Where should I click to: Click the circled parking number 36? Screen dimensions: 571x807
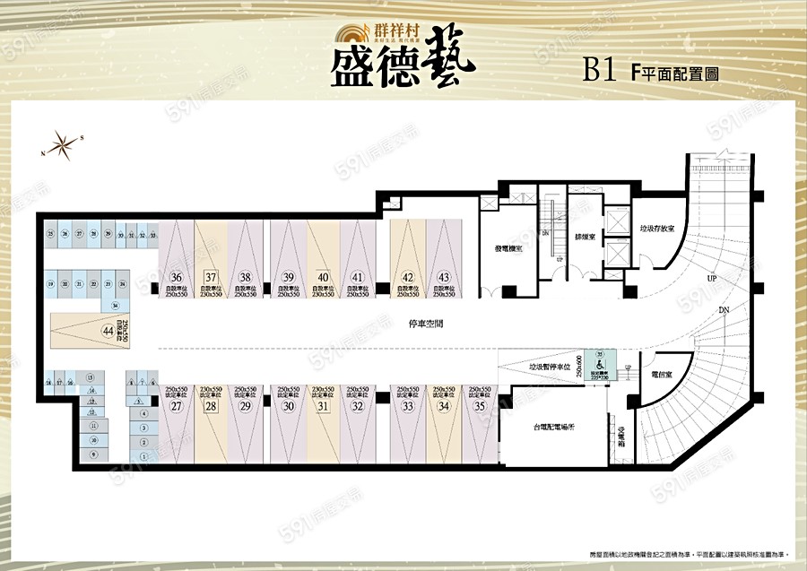[x=177, y=277]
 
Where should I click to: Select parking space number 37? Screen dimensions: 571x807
[x=211, y=277]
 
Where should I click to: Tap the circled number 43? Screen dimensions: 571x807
[x=443, y=277]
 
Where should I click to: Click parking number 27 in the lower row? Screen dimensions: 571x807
[x=177, y=406]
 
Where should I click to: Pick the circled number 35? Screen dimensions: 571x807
[x=479, y=406]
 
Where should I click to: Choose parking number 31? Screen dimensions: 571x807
[x=323, y=406]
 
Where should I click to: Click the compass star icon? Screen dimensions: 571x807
[x=62, y=143]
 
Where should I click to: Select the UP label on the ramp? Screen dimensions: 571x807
[x=711, y=279]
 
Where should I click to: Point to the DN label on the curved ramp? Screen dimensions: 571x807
[x=724, y=310]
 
